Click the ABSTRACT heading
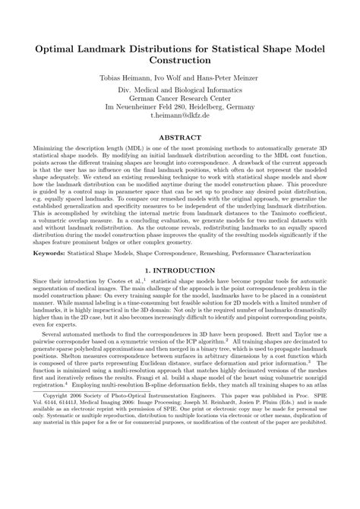coord(179,139)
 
